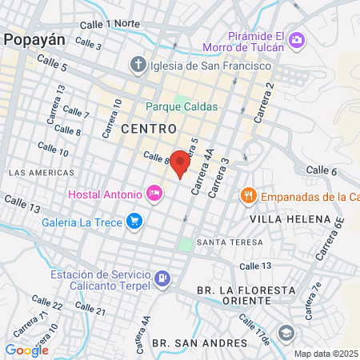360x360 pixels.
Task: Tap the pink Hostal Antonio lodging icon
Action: coord(154,193)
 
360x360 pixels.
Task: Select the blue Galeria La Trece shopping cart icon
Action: coord(134,219)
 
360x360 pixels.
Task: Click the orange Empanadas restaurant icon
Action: coord(249,196)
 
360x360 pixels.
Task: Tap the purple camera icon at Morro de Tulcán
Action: coord(297,39)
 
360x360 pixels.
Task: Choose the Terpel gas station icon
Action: coord(162,278)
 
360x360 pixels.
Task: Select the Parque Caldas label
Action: coord(170,106)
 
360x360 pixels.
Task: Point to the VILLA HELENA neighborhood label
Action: coord(290,218)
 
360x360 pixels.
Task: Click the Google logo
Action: coord(26,350)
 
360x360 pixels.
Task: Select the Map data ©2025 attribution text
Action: coord(326,353)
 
